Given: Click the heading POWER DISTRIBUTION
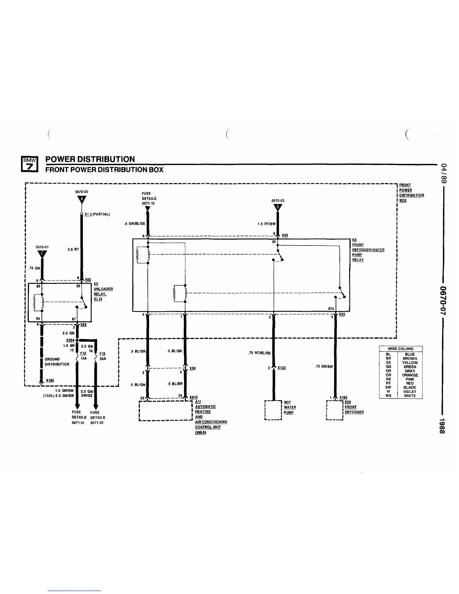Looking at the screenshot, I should (90, 159).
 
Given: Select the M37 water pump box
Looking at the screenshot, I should (273, 410).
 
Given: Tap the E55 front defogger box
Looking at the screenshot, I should (335, 410).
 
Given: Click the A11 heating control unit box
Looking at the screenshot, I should (165, 411).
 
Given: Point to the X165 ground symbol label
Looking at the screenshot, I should (50, 380).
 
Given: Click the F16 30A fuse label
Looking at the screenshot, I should (102, 356).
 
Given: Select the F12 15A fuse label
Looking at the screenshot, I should (83, 355).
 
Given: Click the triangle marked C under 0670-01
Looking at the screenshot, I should (42, 254).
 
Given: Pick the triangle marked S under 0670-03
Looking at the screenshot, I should (277, 207).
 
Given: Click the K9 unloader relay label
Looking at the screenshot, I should (103, 291).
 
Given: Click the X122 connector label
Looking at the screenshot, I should (282, 368).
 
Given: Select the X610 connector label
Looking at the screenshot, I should (193, 397).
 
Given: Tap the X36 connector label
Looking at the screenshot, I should (192, 368).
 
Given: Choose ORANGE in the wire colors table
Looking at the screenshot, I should (410, 375).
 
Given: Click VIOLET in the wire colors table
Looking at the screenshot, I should (410, 391).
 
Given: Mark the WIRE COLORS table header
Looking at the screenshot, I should (400, 349).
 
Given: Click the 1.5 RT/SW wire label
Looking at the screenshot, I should (266, 224).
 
